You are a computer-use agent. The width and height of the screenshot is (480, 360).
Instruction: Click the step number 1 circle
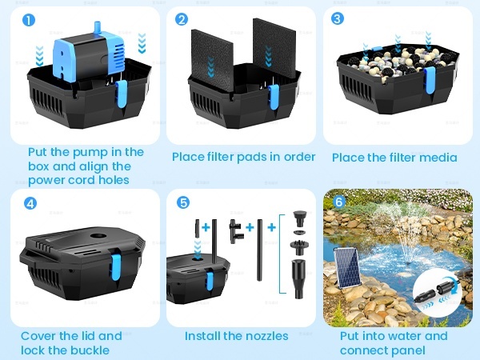click(x=29, y=21)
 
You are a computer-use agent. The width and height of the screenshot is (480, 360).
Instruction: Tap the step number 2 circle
click(x=182, y=19)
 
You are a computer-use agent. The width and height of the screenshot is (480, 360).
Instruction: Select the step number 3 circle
click(x=338, y=18)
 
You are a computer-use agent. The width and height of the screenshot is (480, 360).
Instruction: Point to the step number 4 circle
click(x=30, y=203)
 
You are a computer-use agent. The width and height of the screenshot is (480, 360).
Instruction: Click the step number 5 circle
click(x=183, y=202)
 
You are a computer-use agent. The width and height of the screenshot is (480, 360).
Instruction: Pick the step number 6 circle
click(x=339, y=202)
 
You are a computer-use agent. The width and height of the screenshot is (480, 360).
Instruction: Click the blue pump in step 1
click(x=89, y=57)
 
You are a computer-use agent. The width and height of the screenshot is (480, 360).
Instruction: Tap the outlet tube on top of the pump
click(x=98, y=27)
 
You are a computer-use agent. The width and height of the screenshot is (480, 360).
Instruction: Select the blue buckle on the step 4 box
click(x=116, y=267)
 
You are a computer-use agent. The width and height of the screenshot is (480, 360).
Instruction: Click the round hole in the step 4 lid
click(x=98, y=236)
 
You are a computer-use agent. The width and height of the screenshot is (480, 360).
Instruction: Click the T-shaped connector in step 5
click(x=235, y=231)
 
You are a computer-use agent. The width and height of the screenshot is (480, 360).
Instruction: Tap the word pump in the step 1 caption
click(x=93, y=153)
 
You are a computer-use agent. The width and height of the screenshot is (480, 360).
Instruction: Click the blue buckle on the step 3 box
click(x=430, y=80)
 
